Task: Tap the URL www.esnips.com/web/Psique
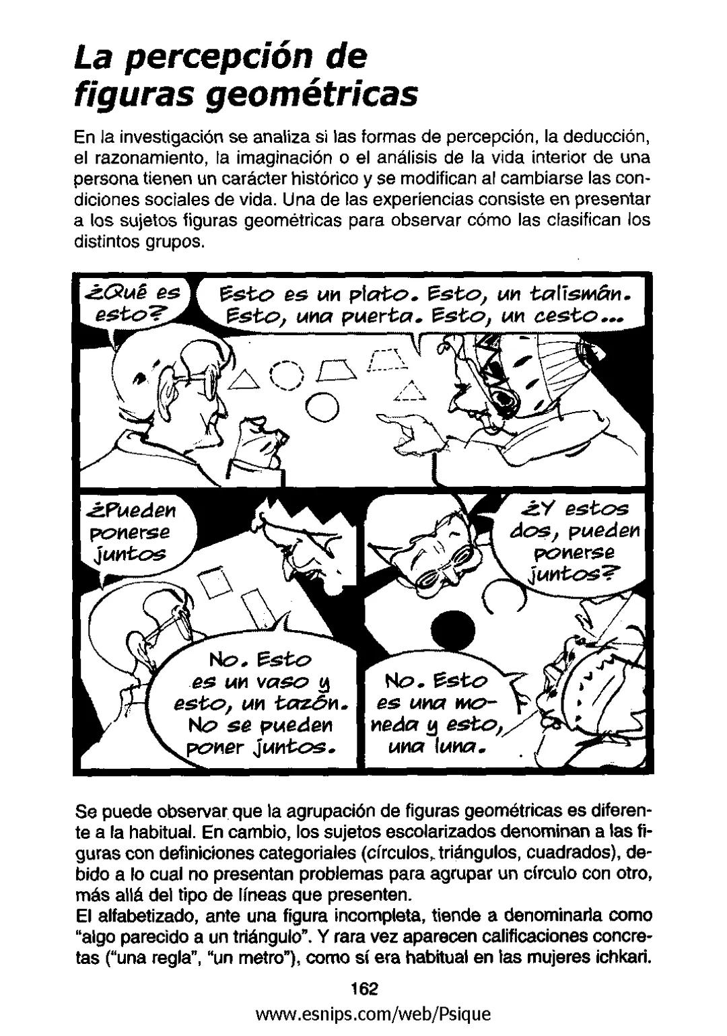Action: [x=366, y=1014]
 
